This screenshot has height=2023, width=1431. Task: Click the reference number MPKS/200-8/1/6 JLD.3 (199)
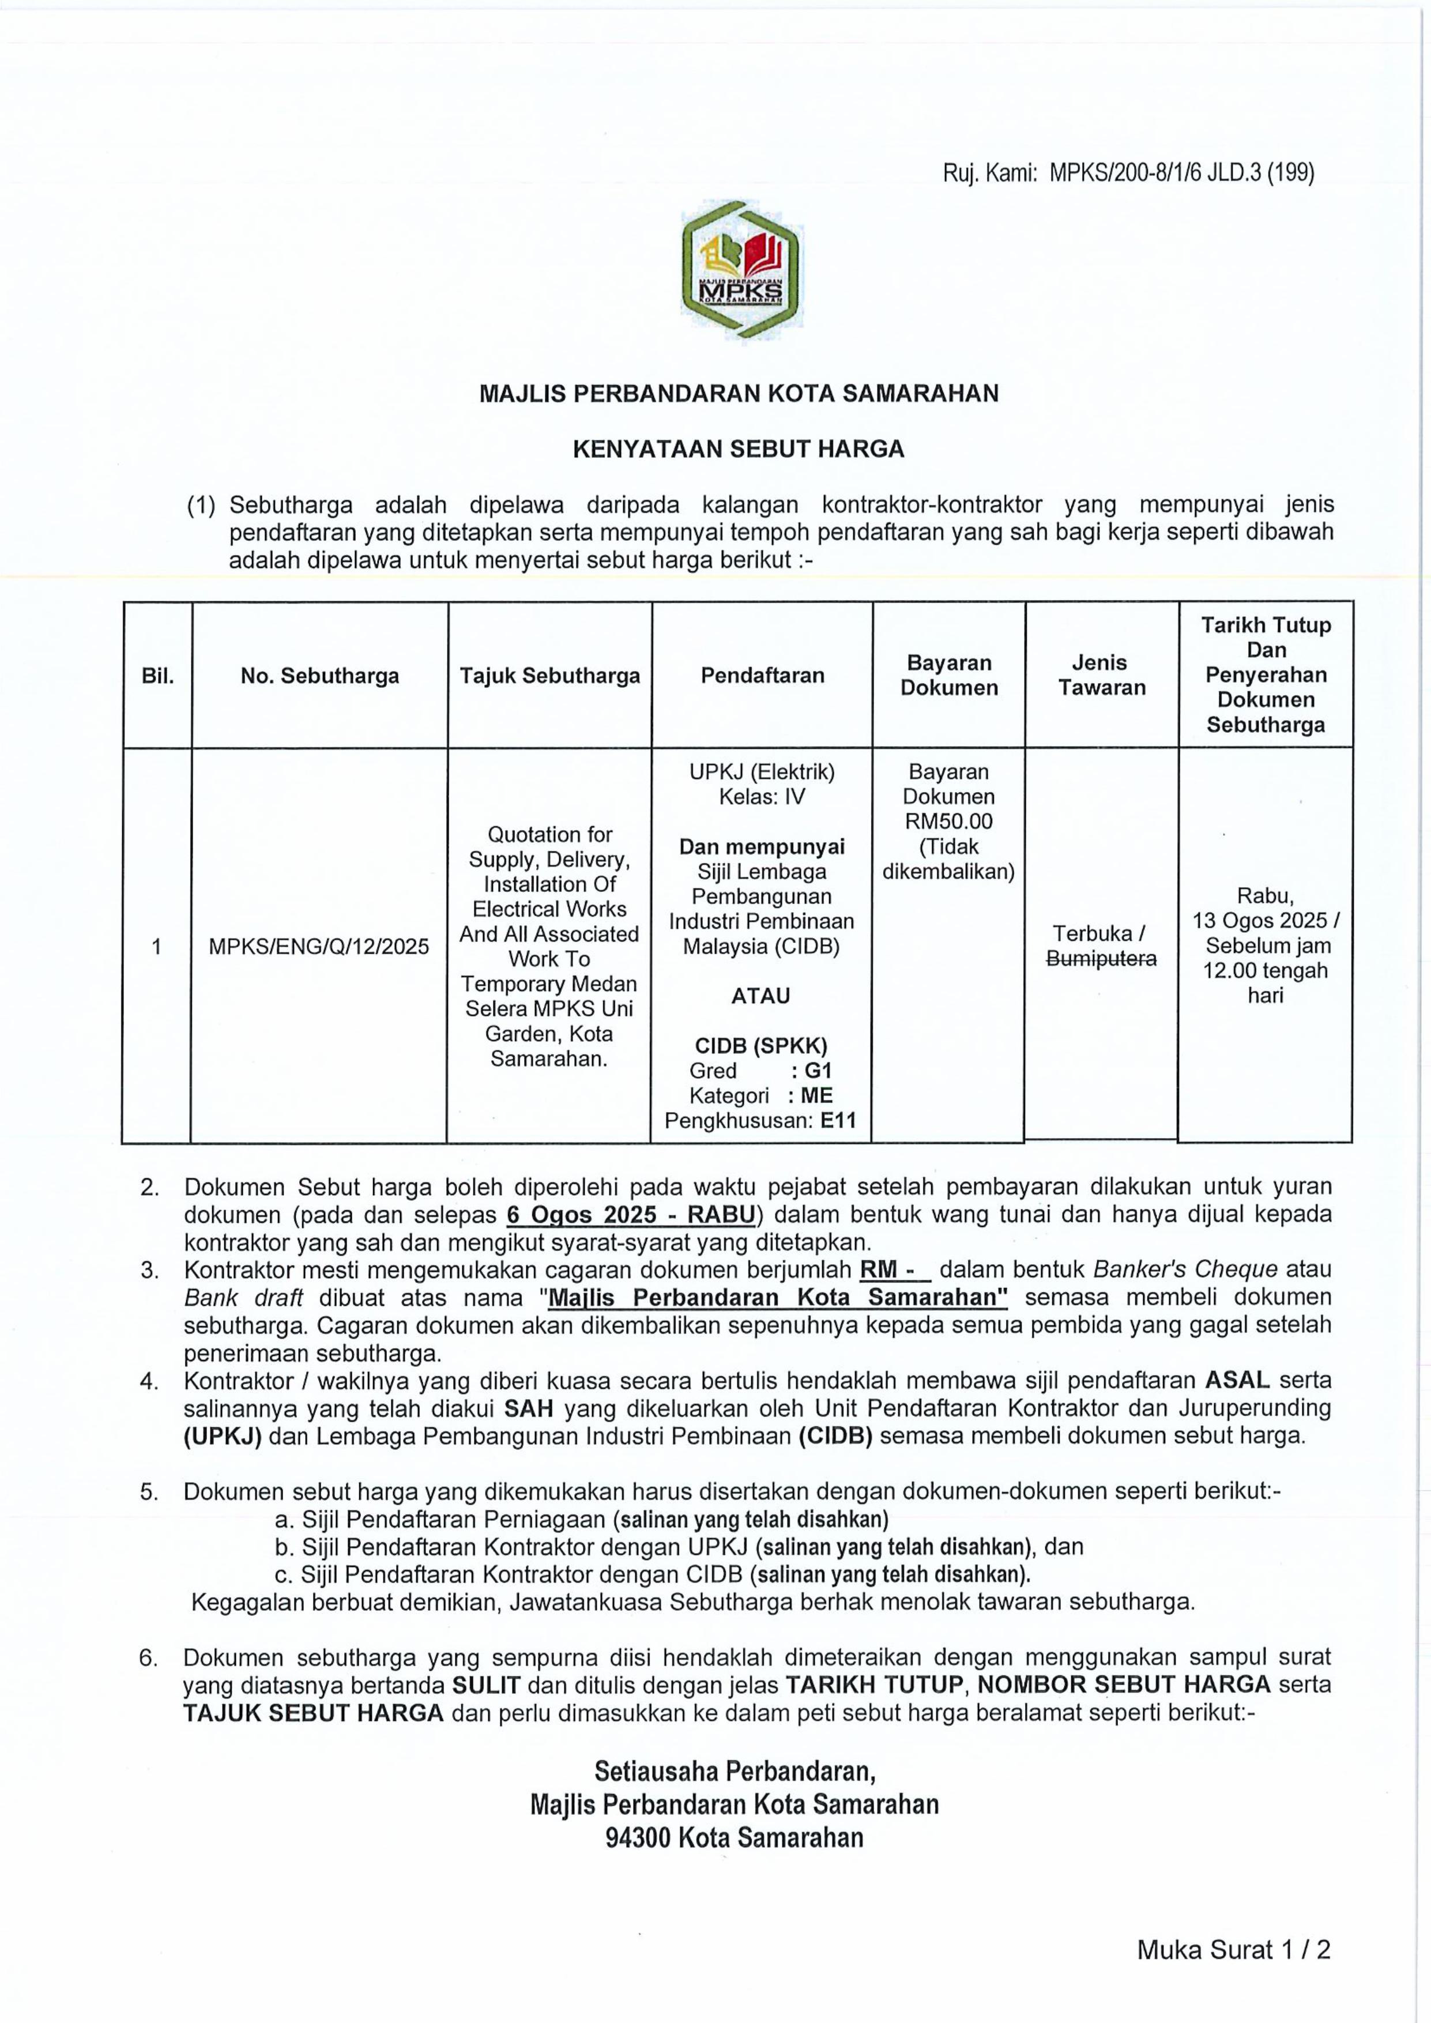coord(1181,174)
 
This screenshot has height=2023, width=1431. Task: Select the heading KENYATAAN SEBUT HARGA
coord(739,449)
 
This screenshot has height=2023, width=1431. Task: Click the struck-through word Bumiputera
coord(1101,959)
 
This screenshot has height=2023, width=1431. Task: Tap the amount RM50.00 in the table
coord(949,821)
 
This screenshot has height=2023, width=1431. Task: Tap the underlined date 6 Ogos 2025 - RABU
coord(631,1215)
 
